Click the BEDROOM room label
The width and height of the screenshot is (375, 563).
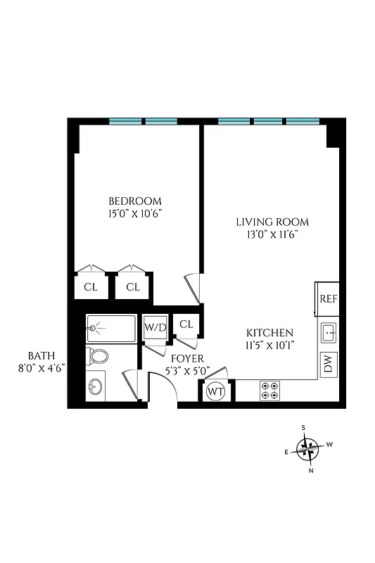tap(135, 200)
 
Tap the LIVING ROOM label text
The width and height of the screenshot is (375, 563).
tap(272, 222)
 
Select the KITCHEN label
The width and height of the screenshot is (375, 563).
tap(269, 332)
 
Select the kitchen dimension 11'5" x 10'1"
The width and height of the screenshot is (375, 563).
tap(269, 345)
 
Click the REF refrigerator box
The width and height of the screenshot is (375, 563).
tap(329, 298)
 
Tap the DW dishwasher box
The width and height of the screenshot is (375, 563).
tap(329, 363)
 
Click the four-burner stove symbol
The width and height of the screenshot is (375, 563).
tap(270, 390)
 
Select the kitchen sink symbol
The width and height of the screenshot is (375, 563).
tap(329, 331)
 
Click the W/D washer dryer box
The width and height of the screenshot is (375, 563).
tap(155, 327)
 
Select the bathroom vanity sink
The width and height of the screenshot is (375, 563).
tap(97, 386)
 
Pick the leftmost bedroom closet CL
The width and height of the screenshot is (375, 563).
tap(91, 286)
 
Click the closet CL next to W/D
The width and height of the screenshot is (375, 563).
tap(186, 324)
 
